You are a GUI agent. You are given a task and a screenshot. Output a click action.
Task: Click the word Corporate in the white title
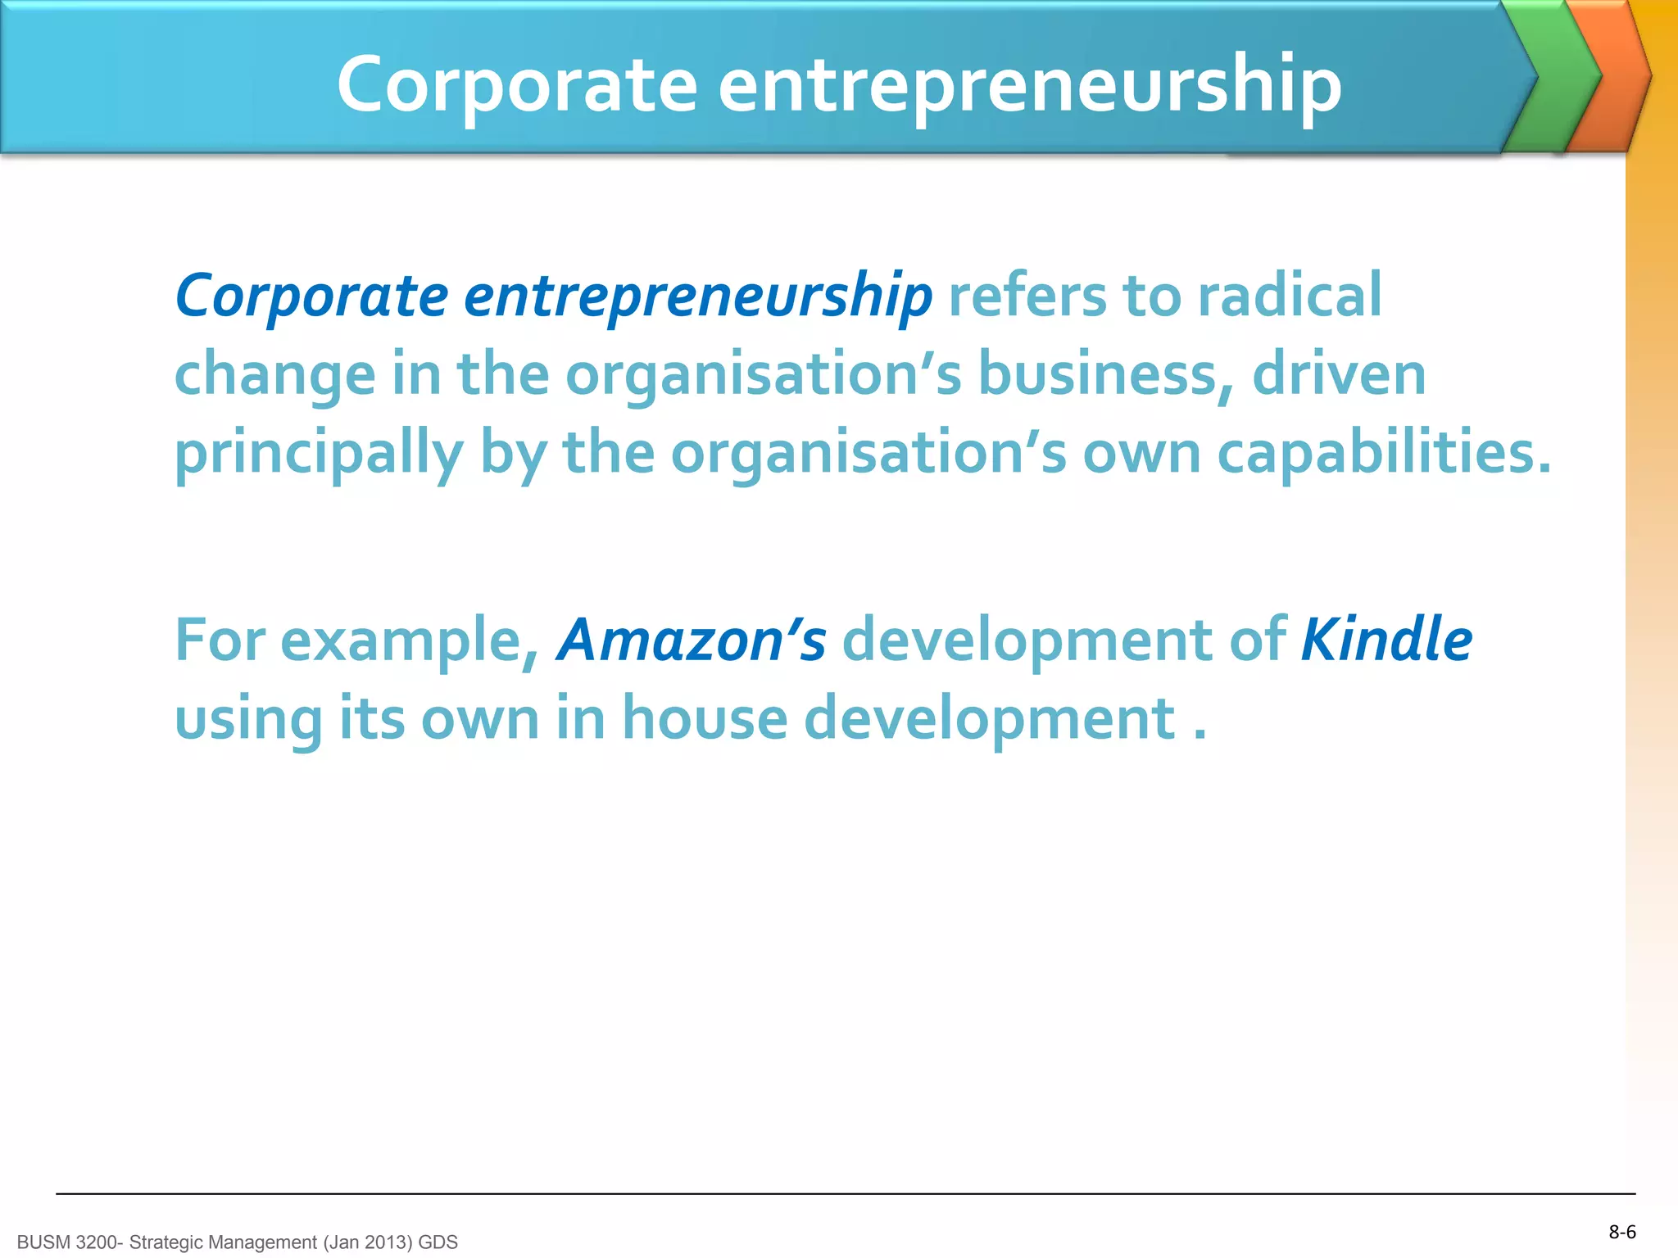(x=517, y=84)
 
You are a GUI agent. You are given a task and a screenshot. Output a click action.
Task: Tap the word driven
(x=1339, y=374)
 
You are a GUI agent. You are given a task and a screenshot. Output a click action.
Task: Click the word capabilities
(x=1384, y=453)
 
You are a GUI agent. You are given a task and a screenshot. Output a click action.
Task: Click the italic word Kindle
(x=1386, y=640)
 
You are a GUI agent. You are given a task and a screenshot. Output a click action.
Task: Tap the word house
(x=705, y=718)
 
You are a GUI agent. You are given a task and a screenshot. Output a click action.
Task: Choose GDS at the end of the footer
(x=438, y=1242)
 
